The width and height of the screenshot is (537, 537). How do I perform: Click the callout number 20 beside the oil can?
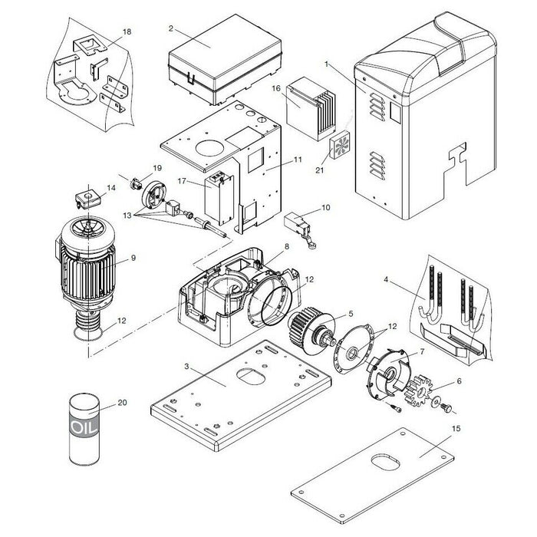tap(122, 403)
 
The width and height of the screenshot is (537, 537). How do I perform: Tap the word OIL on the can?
tap(84, 427)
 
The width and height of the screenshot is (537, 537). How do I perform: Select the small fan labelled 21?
tap(339, 144)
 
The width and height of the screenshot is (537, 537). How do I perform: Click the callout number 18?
tap(127, 32)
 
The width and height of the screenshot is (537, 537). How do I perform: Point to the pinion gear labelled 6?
tap(418, 390)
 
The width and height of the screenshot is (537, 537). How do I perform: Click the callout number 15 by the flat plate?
tap(456, 429)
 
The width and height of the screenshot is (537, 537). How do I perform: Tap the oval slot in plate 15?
tap(385, 463)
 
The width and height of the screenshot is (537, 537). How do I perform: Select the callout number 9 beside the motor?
tap(133, 258)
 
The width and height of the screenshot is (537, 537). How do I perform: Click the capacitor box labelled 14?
tap(88, 199)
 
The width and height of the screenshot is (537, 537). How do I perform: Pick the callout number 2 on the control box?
tap(171, 28)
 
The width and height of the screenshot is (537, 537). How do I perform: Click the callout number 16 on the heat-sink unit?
tap(276, 88)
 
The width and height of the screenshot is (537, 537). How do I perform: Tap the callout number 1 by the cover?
tap(326, 64)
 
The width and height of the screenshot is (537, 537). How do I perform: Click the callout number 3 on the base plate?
tap(186, 367)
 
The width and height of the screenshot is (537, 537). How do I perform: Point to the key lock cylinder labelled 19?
tap(137, 185)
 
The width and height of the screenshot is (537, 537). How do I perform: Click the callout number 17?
tap(182, 180)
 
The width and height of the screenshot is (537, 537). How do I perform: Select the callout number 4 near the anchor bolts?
tap(386, 280)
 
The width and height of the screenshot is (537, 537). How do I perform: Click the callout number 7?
tap(422, 351)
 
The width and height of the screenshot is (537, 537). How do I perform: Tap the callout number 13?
tap(127, 216)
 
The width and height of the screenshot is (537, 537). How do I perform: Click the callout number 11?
tap(298, 160)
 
